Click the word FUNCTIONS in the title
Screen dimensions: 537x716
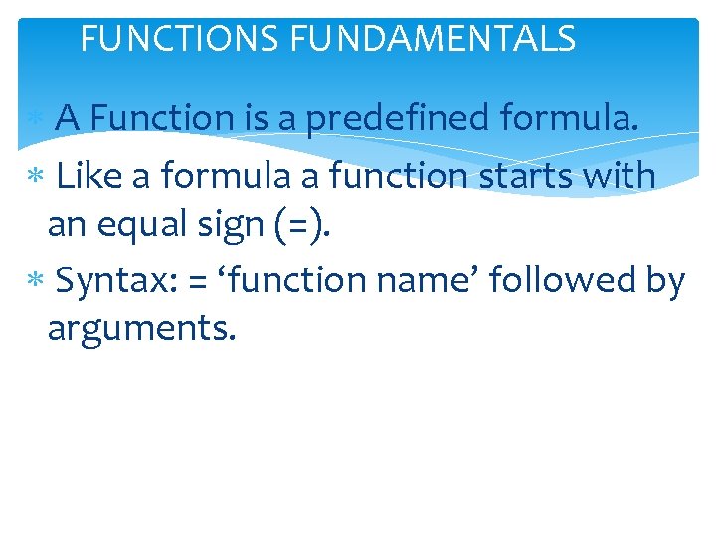(180, 39)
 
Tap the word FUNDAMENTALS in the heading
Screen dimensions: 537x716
(433, 39)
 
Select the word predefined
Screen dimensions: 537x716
(398, 119)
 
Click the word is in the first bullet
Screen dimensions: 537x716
(255, 119)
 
